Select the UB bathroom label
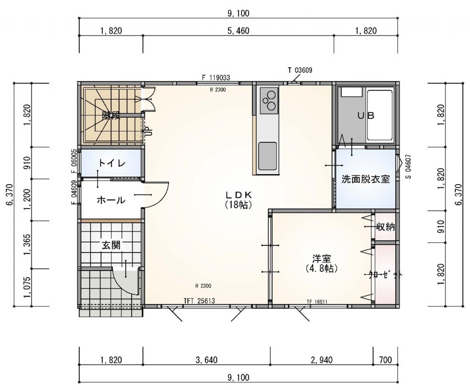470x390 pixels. tap(366, 116)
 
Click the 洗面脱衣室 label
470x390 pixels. tap(365, 179)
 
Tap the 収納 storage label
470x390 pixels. tap(385, 226)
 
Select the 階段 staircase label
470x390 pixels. tap(111, 115)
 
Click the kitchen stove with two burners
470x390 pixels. tap(268, 101)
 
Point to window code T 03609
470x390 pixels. tap(300, 70)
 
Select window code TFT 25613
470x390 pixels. tap(199, 301)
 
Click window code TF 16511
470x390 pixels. tap(317, 302)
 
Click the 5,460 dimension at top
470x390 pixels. tap(238, 31)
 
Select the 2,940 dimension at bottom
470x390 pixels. tap(321, 360)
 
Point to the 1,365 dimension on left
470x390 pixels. tap(26, 243)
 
